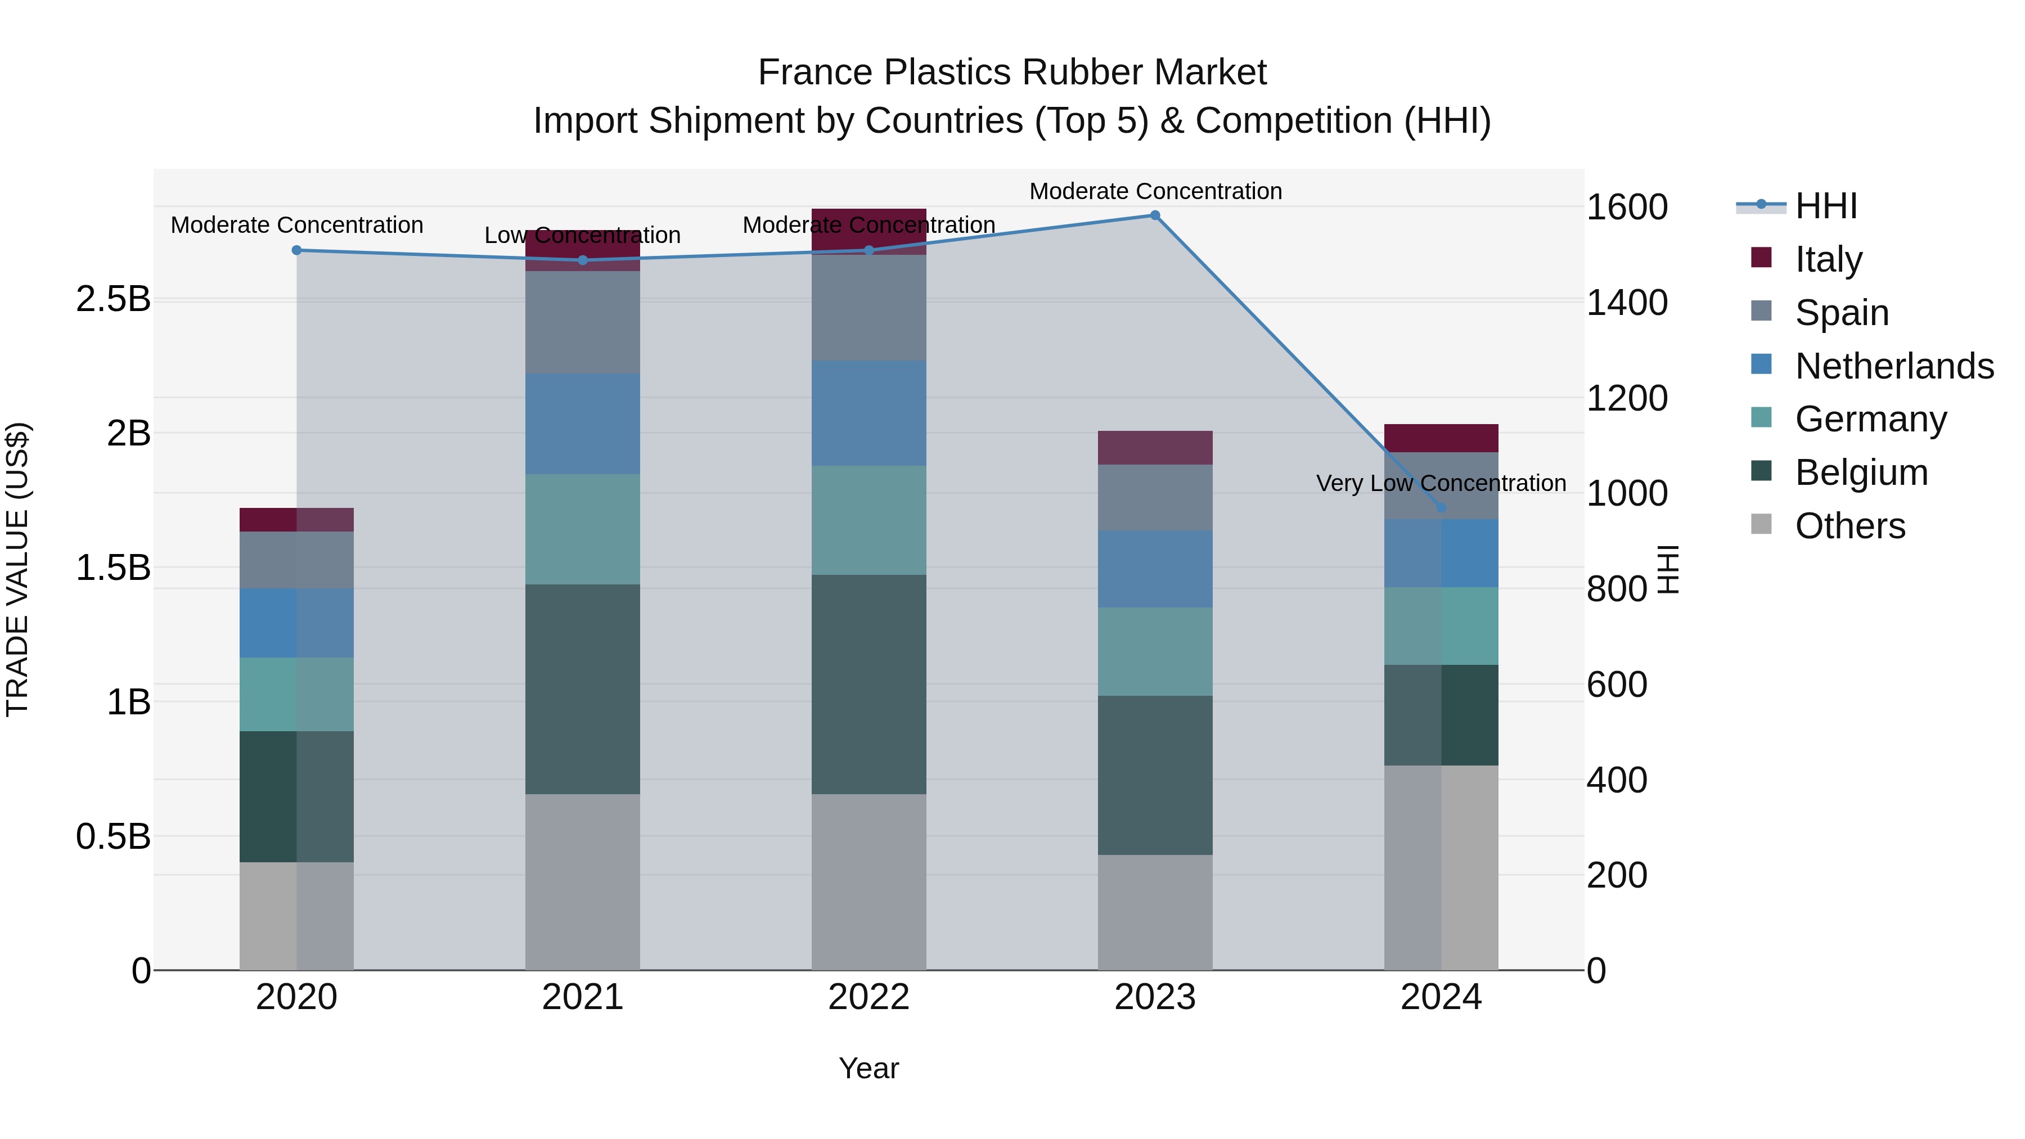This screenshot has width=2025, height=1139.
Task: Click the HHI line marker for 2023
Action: (1155, 215)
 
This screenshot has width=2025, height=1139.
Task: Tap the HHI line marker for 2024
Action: (1441, 508)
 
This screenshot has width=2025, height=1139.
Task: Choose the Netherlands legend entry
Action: (1893, 366)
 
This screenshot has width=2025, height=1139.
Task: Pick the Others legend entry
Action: (1849, 525)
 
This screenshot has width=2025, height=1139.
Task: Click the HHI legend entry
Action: (1825, 205)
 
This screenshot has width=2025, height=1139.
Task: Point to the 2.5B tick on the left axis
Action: (113, 299)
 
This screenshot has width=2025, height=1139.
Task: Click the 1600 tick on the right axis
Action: (1626, 207)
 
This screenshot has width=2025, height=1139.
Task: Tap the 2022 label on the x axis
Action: (868, 997)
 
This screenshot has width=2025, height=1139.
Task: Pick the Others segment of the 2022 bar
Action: (868, 882)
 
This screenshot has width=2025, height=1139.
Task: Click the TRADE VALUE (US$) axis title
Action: (17, 569)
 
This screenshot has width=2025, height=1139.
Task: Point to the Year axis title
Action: (868, 1068)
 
